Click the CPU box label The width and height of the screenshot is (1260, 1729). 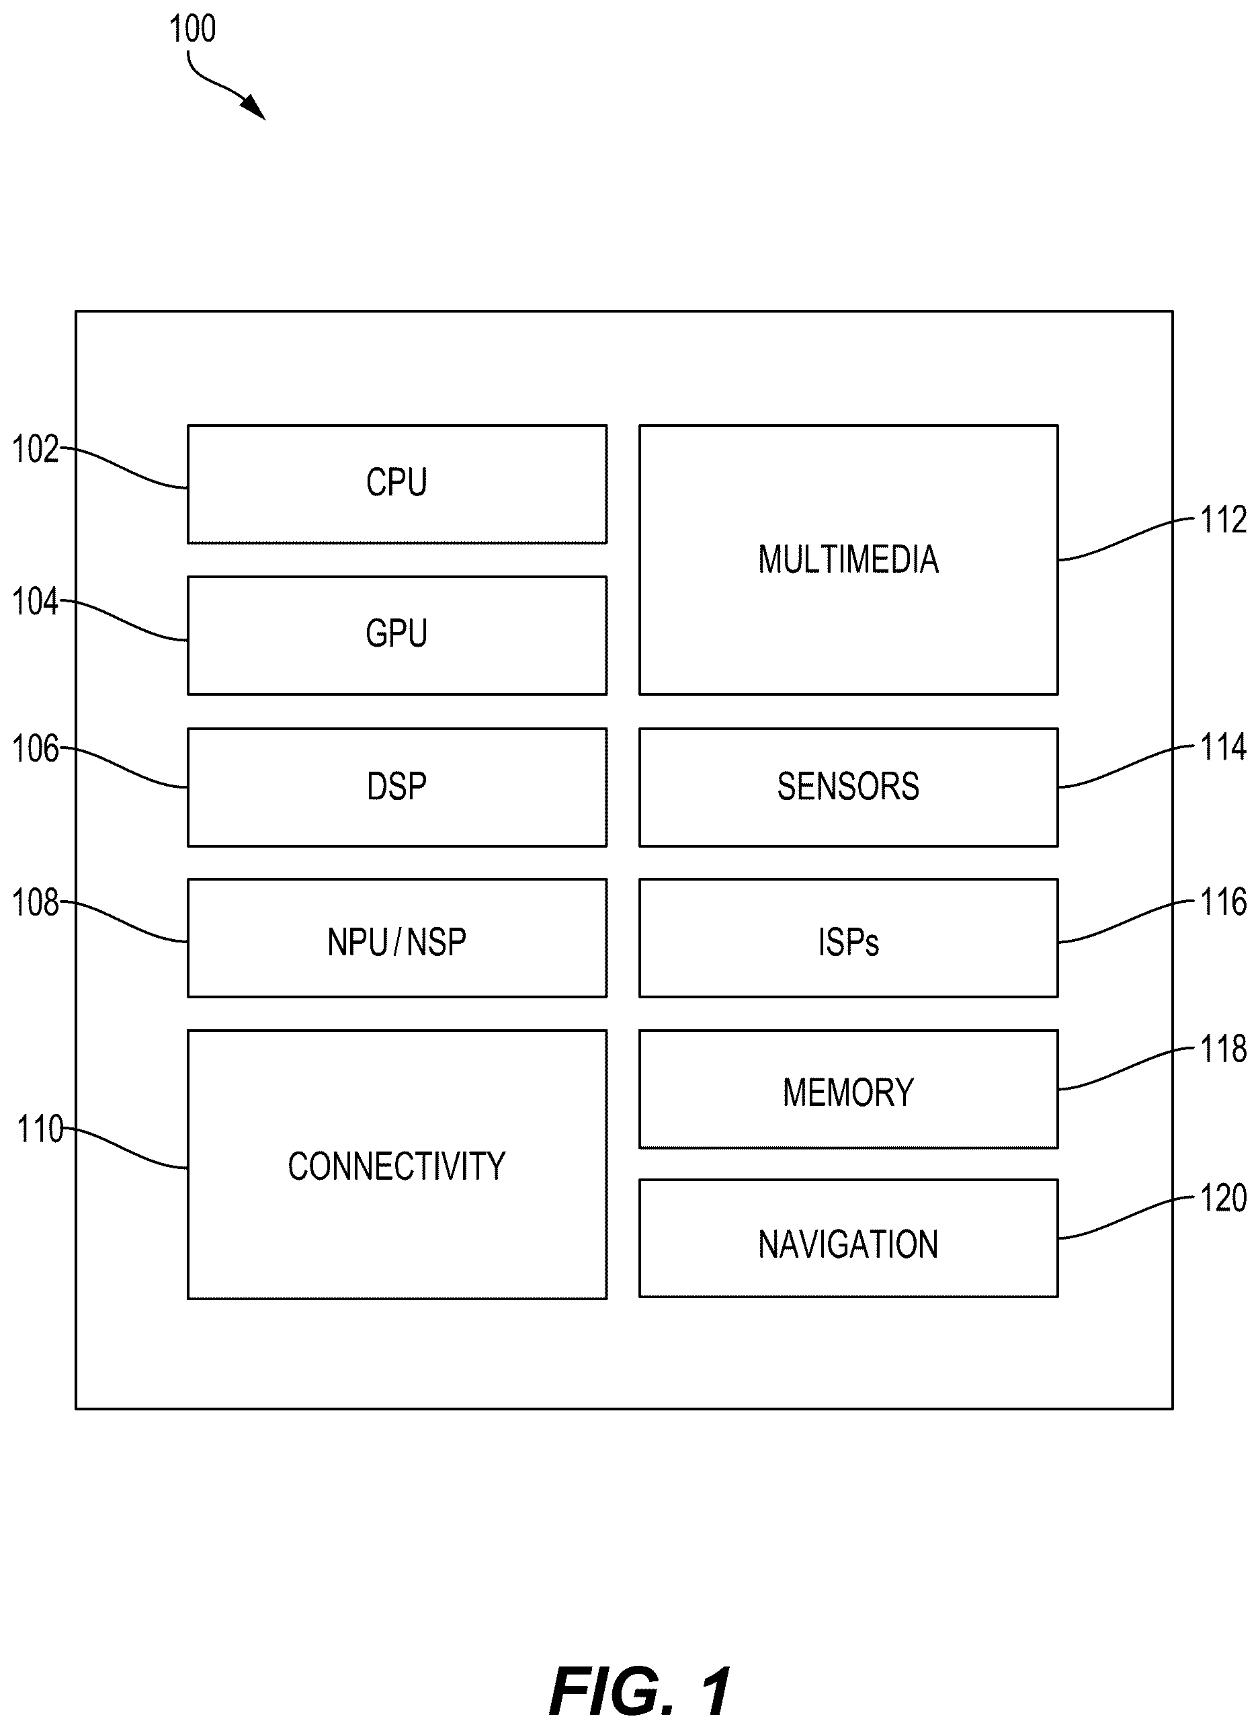(x=396, y=482)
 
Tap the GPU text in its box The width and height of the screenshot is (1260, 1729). (x=396, y=633)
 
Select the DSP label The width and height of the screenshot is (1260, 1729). (x=396, y=787)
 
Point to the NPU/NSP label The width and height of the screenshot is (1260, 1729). (x=396, y=942)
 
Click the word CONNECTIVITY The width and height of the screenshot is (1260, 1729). (x=396, y=1166)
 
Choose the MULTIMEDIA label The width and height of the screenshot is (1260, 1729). (x=848, y=559)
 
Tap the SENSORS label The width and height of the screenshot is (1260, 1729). (x=848, y=787)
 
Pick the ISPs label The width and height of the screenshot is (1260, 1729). (x=848, y=942)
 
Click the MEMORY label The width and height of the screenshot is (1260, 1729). (x=848, y=1092)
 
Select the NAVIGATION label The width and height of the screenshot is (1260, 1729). (x=848, y=1244)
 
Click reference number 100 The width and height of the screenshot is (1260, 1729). (x=192, y=29)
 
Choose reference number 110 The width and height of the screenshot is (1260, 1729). (x=40, y=1129)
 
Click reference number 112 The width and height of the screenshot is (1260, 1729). (x=1224, y=520)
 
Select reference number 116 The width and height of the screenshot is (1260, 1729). (x=1224, y=902)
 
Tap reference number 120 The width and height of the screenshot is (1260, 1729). (x=1224, y=1198)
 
